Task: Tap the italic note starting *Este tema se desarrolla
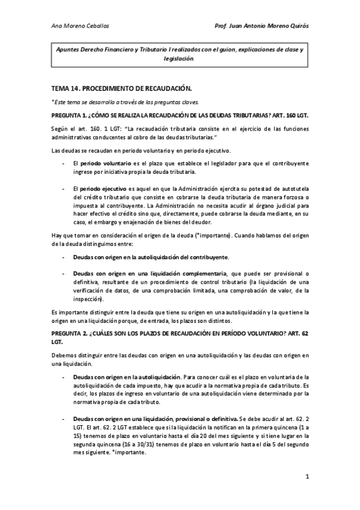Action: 129,101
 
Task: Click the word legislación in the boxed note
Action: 178,59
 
